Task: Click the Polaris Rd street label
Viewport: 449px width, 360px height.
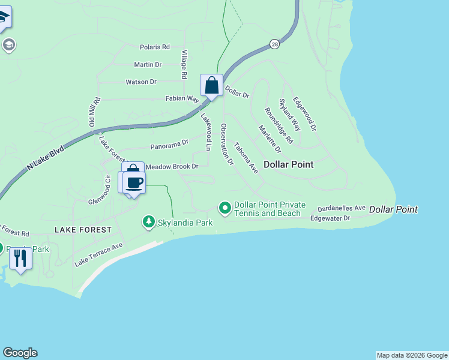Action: point(154,47)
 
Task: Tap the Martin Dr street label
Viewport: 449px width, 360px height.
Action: point(148,64)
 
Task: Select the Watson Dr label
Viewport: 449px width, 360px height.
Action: point(141,82)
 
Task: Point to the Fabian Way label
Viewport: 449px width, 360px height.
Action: point(182,98)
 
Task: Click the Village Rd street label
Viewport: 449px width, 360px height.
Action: point(185,65)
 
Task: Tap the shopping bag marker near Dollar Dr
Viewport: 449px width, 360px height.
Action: point(211,86)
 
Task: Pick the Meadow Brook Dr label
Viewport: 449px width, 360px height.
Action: point(172,166)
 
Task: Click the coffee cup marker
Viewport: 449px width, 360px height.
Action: point(134,182)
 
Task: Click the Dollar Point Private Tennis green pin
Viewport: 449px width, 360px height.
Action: point(225,208)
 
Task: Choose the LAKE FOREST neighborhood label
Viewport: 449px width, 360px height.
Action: point(83,230)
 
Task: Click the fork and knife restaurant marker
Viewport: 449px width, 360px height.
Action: point(20,259)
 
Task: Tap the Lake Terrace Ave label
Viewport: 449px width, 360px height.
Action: point(98,254)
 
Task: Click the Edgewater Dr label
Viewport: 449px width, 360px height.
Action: point(330,218)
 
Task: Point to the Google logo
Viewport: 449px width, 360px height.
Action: point(20,353)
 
